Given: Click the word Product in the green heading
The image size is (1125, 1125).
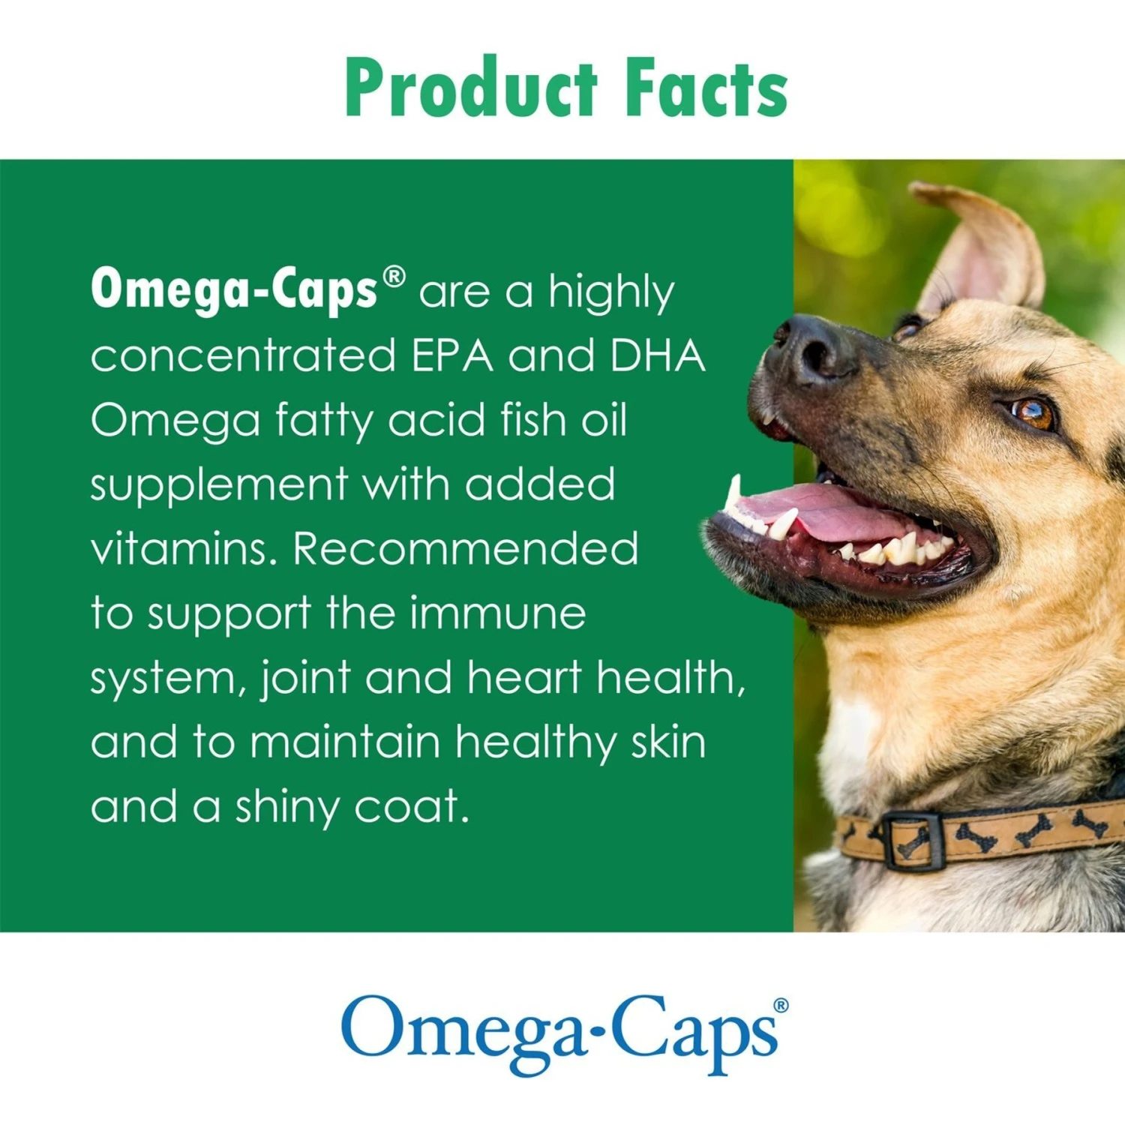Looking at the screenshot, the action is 471,88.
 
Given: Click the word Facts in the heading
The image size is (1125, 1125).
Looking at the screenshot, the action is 706,89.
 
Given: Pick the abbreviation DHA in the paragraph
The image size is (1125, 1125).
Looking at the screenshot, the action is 658,355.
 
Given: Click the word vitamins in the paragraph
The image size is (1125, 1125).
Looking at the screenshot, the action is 184,548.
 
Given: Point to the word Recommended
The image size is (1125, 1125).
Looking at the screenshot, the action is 466,548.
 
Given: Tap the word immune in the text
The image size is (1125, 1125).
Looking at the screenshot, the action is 497,613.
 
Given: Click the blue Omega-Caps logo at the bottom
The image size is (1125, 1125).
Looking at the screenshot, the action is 559,1034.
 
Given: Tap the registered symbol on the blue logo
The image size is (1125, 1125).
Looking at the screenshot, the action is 781,1005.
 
